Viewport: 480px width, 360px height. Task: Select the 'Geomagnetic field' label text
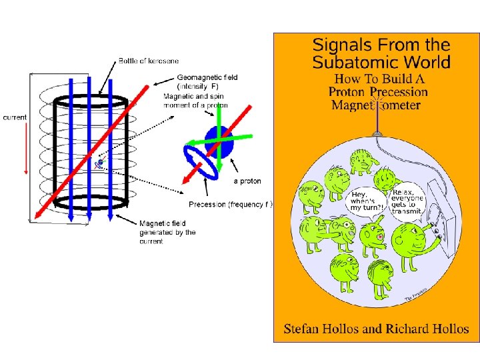pyautogui.click(x=207, y=77)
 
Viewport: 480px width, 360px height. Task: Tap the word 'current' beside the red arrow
pyautogui.click(x=15, y=117)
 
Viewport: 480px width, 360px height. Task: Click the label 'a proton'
pyautogui.click(x=247, y=181)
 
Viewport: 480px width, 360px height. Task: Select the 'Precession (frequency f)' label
pyautogui.click(x=231, y=204)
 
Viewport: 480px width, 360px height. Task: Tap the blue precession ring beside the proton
pyautogui.click(x=201, y=163)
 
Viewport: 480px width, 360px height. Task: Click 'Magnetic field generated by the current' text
pyautogui.click(x=167, y=232)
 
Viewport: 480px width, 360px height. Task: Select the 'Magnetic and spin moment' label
pyautogui.click(x=196, y=101)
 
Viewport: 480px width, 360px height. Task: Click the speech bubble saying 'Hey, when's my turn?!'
pyautogui.click(x=367, y=198)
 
